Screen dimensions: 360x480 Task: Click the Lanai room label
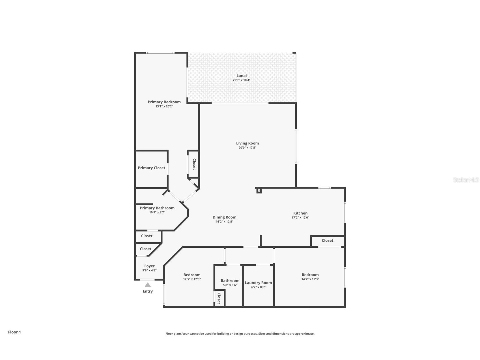click(x=242, y=76)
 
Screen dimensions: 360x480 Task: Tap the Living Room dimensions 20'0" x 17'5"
click(x=247, y=148)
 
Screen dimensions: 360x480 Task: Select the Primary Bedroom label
click(x=164, y=102)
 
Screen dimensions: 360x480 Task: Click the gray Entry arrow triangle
click(x=148, y=285)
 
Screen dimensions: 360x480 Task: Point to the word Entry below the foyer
click(x=148, y=291)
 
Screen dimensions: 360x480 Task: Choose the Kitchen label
click(x=300, y=213)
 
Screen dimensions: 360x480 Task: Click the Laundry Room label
click(x=258, y=283)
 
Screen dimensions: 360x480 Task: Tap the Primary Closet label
click(x=151, y=168)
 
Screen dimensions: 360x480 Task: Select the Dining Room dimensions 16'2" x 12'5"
click(x=224, y=222)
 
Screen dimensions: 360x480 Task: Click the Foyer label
click(x=149, y=266)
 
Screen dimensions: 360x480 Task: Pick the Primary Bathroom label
click(x=157, y=208)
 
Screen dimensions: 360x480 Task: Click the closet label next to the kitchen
click(x=327, y=241)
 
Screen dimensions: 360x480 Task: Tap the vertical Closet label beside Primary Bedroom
click(x=194, y=164)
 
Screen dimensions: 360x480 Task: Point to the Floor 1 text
click(x=14, y=332)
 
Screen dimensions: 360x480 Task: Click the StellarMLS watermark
click(x=466, y=180)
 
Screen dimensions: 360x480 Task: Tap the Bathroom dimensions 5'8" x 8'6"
click(x=230, y=285)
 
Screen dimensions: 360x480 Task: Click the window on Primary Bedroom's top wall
click(x=160, y=53)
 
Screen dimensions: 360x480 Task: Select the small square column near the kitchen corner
click(x=259, y=191)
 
